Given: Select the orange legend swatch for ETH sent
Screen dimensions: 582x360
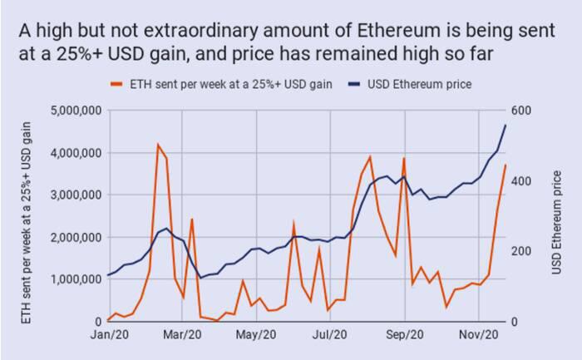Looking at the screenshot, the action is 116,84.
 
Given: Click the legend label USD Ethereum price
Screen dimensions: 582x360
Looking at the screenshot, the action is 419,84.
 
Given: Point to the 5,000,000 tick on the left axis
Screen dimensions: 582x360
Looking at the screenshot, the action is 76,111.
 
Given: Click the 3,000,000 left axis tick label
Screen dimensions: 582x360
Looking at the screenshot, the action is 76,195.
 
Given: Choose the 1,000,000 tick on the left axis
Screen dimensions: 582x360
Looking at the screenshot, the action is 76,279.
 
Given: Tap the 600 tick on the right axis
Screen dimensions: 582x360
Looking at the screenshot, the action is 521,111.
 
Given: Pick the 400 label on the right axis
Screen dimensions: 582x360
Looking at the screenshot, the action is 521,181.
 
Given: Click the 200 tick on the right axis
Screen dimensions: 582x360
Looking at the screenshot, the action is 521,251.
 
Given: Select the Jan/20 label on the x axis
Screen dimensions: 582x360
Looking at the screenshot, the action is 110,335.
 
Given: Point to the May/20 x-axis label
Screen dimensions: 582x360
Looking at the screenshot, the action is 256,335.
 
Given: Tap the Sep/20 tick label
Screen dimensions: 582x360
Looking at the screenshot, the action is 405,335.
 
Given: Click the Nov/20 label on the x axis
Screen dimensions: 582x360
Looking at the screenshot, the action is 479,335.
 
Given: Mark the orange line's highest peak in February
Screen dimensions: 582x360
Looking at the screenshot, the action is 158,145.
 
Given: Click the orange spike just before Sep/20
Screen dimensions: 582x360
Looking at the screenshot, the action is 404,159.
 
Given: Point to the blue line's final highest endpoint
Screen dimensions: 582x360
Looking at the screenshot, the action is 506,125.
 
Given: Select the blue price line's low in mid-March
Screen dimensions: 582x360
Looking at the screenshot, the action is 201,278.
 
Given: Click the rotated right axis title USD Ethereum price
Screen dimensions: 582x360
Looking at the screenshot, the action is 556,222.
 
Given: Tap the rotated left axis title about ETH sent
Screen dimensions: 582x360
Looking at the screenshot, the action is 26,223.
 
